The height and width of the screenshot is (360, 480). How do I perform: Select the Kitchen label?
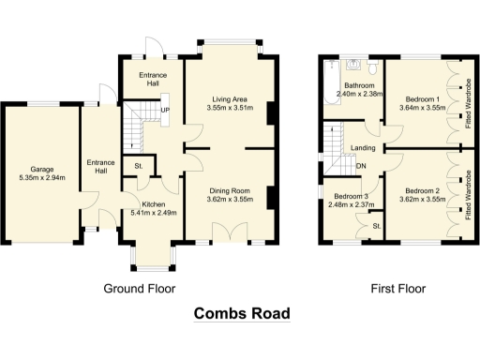click(154, 203)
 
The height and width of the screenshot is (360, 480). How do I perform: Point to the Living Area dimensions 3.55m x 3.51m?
click(232, 108)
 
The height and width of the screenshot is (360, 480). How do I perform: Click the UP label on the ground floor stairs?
click(166, 111)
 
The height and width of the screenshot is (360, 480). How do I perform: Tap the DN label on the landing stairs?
click(361, 169)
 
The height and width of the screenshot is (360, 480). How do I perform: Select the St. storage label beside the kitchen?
click(139, 168)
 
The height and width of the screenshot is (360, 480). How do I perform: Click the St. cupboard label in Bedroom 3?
click(377, 226)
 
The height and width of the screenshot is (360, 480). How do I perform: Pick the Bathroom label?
click(352, 85)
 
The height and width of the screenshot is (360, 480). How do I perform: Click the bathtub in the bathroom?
click(330, 81)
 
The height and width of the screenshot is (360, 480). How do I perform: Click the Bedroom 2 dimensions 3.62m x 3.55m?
click(421, 199)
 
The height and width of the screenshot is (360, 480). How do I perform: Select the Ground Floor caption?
click(139, 288)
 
